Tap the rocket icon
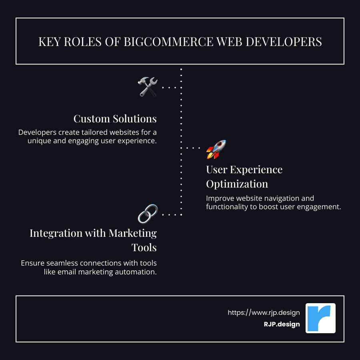click(x=216, y=149)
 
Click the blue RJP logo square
click(x=320, y=318)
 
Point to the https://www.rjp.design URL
click(x=264, y=312)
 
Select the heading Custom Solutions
click(x=115, y=119)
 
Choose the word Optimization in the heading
click(x=237, y=184)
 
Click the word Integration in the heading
click(x=56, y=233)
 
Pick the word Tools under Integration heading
click(x=144, y=247)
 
